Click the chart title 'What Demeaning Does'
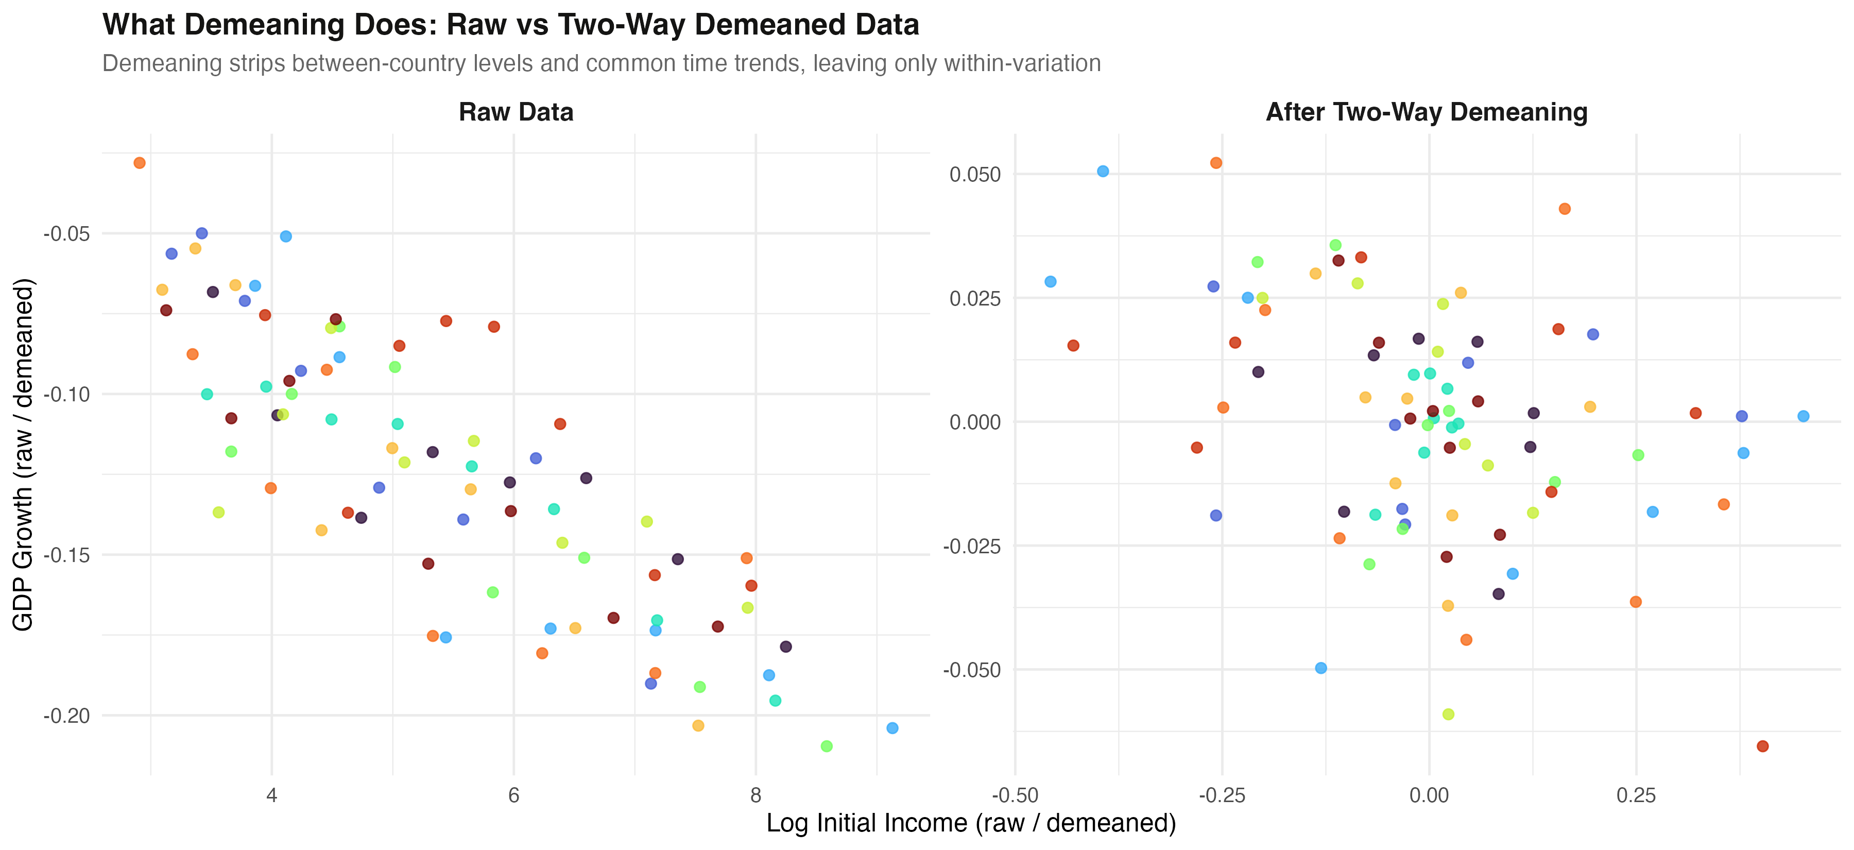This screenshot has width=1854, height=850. [510, 25]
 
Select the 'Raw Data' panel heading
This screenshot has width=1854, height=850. [516, 112]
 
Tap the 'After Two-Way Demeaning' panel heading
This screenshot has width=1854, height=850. [1427, 112]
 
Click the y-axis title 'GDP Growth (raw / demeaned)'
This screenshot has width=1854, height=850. [24, 455]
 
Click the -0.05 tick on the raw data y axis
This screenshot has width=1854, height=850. [66, 234]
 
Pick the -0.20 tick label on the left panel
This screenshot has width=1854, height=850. [66, 716]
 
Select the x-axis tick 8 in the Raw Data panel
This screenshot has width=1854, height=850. [756, 795]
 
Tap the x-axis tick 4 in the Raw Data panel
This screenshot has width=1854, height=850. [272, 795]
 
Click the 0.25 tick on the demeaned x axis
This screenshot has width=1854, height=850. [1636, 795]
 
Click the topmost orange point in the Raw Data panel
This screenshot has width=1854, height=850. [140, 163]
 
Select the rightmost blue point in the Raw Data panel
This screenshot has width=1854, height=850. [892, 727]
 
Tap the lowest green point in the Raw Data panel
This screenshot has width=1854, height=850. [826, 746]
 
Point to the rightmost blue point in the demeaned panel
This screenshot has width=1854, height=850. [1804, 416]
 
